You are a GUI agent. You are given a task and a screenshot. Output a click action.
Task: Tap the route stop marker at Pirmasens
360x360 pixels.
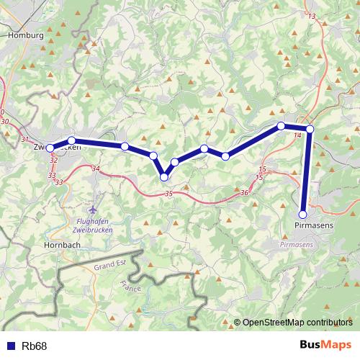[x=303, y=214]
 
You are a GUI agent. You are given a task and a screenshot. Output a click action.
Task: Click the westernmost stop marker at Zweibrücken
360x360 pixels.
[x=50, y=148]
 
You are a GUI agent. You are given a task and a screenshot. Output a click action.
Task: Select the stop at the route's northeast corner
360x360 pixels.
[x=310, y=129]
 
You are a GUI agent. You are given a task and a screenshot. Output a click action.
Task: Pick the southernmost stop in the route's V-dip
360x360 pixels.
[x=164, y=176]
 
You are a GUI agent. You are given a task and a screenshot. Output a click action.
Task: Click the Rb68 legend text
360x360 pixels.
[x=34, y=346]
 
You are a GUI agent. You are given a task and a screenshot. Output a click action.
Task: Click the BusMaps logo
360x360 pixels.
[x=325, y=346]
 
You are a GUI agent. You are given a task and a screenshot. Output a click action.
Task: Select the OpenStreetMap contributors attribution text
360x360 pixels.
[x=298, y=323]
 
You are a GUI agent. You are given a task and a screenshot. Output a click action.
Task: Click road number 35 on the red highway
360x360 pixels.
[x=168, y=194]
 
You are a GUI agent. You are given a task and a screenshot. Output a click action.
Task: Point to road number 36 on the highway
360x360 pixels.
[x=244, y=192]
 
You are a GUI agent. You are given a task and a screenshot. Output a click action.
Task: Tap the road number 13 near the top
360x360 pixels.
[x=312, y=16]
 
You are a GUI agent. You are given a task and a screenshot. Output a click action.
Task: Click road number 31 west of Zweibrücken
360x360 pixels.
[x=25, y=139]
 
